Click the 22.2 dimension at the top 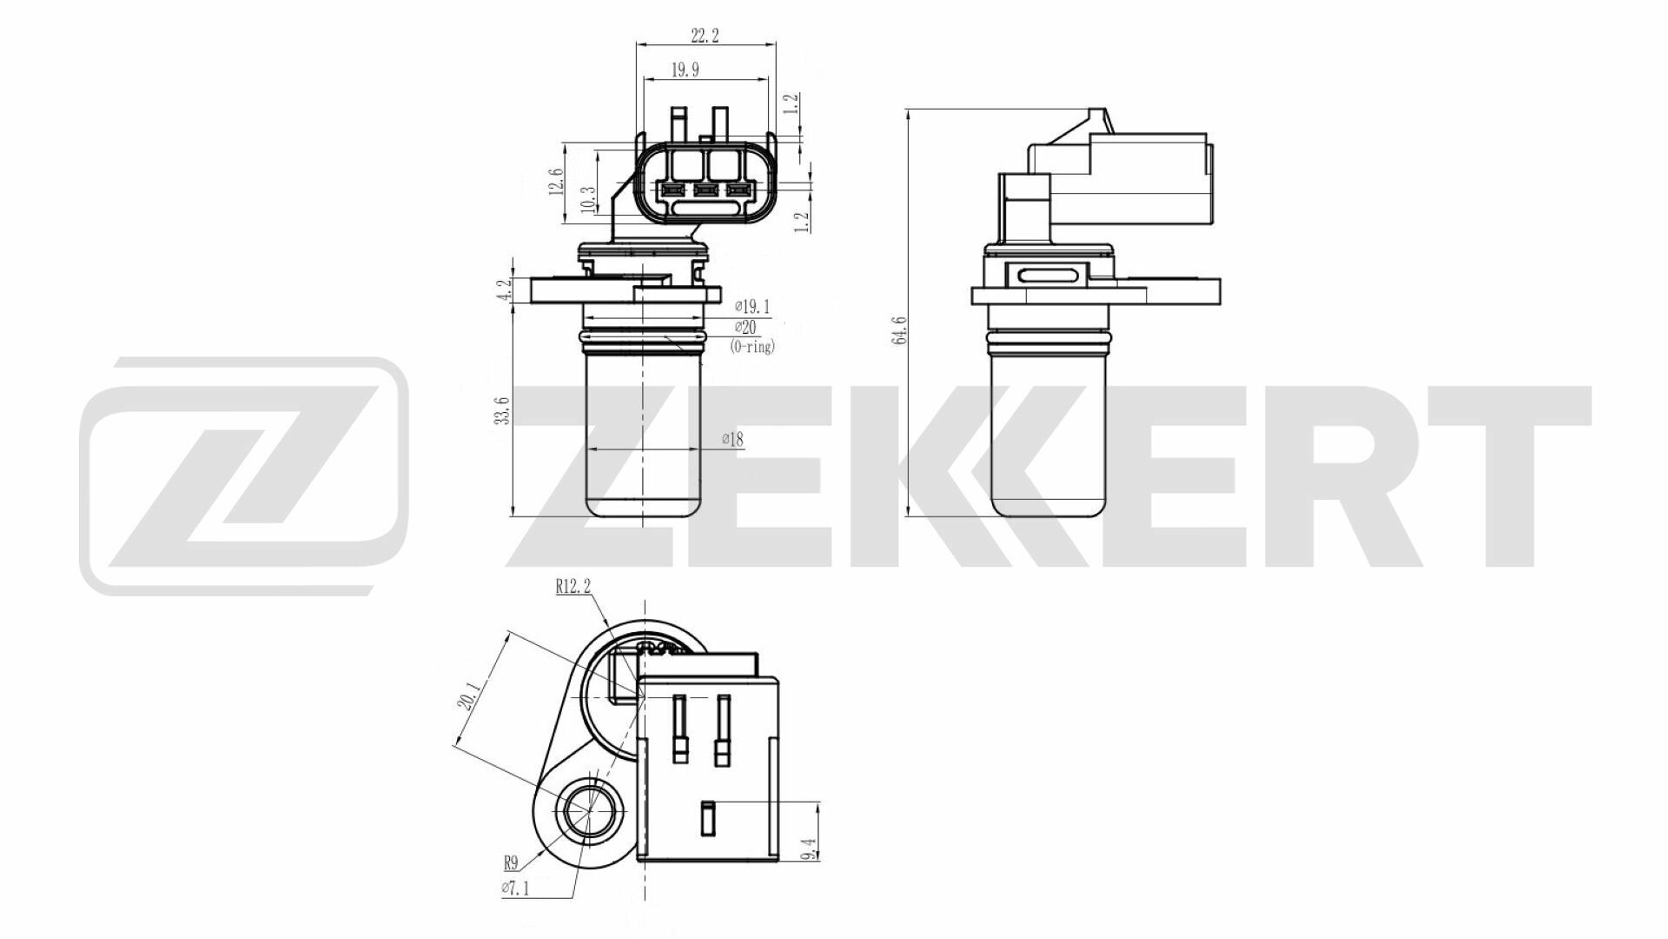click(705, 36)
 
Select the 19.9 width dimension click(685, 70)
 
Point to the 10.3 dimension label click(588, 200)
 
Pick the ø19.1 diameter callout click(752, 306)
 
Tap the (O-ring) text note click(752, 347)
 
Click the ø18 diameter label click(732, 440)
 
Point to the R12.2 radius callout click(573, 587)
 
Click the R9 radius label click(510, 863)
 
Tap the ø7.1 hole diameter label click(514, 888)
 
